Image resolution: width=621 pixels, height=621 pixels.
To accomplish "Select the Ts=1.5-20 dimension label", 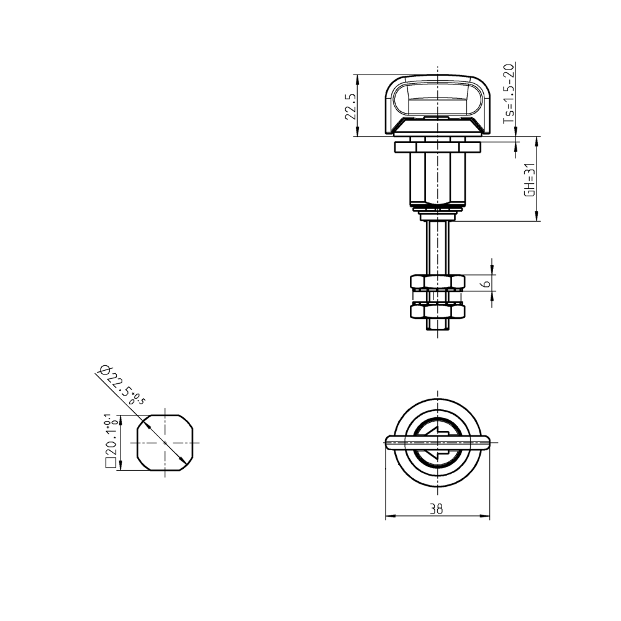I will pyautogui.click(x=509, y=98).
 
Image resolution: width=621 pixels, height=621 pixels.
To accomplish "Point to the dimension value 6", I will pyautogui.click(x=487, y=283).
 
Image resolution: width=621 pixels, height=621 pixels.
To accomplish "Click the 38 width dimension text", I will pyautogui.click(x=437, y=509).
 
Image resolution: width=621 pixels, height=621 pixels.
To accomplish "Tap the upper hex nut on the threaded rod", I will pyautogui.click(x=438, y=283).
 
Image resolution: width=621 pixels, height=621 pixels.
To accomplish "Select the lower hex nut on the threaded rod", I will pyautogui.click(x=438, y=310).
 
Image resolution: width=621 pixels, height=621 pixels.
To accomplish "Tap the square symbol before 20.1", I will pyautogui.click(x=111, y=462).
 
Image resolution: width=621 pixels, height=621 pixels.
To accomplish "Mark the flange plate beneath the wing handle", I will pyautogui.click(x=438, y=147).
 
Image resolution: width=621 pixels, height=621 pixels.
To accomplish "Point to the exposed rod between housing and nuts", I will pyautogui.click(x=438, y=248).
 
